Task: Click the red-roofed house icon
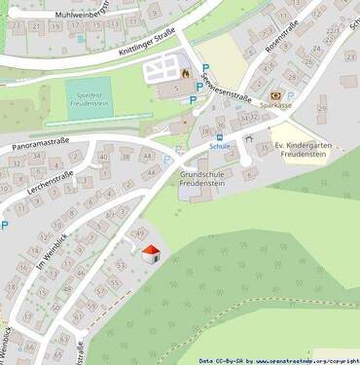[151, 254]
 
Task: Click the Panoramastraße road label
[43, 139]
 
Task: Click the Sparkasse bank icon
[275, 95]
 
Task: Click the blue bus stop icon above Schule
[219, 138]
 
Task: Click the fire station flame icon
[184, 71]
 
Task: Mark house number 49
[142, 233]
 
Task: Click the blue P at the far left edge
[4, 227]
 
